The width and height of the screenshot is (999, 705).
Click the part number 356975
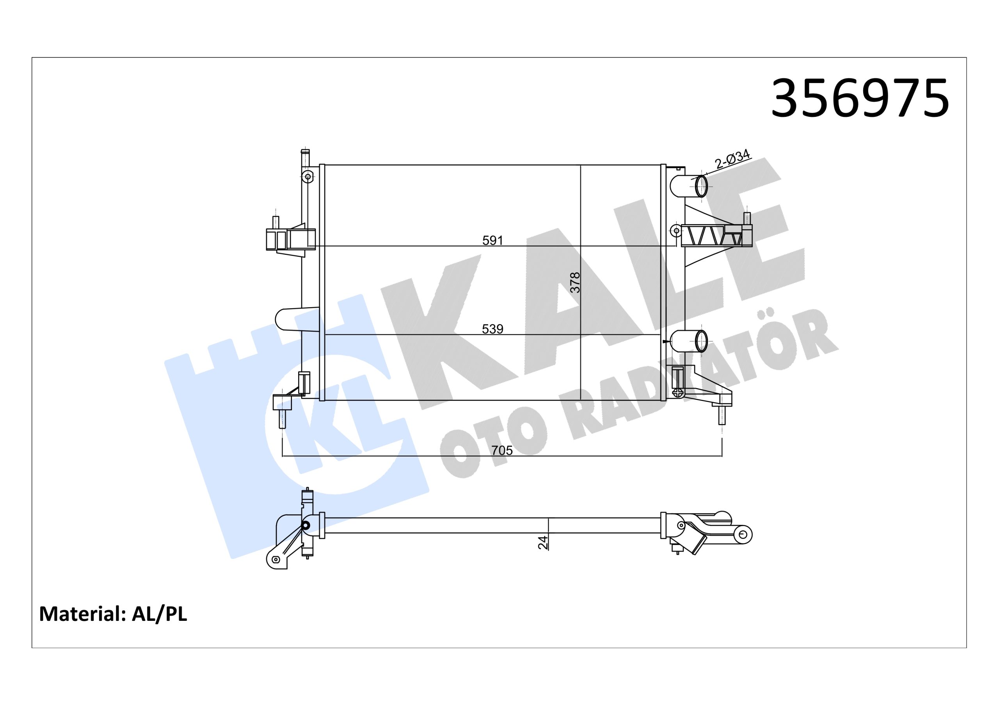pyautogui.click(x=860, y=99)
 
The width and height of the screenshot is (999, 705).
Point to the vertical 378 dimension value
pyautogui.click(x=575, y=282)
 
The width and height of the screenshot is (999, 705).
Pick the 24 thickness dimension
pyautogui.click(x=542, y=542)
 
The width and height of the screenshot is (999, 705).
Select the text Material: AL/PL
pyautogui.click(x=113, y=614)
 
